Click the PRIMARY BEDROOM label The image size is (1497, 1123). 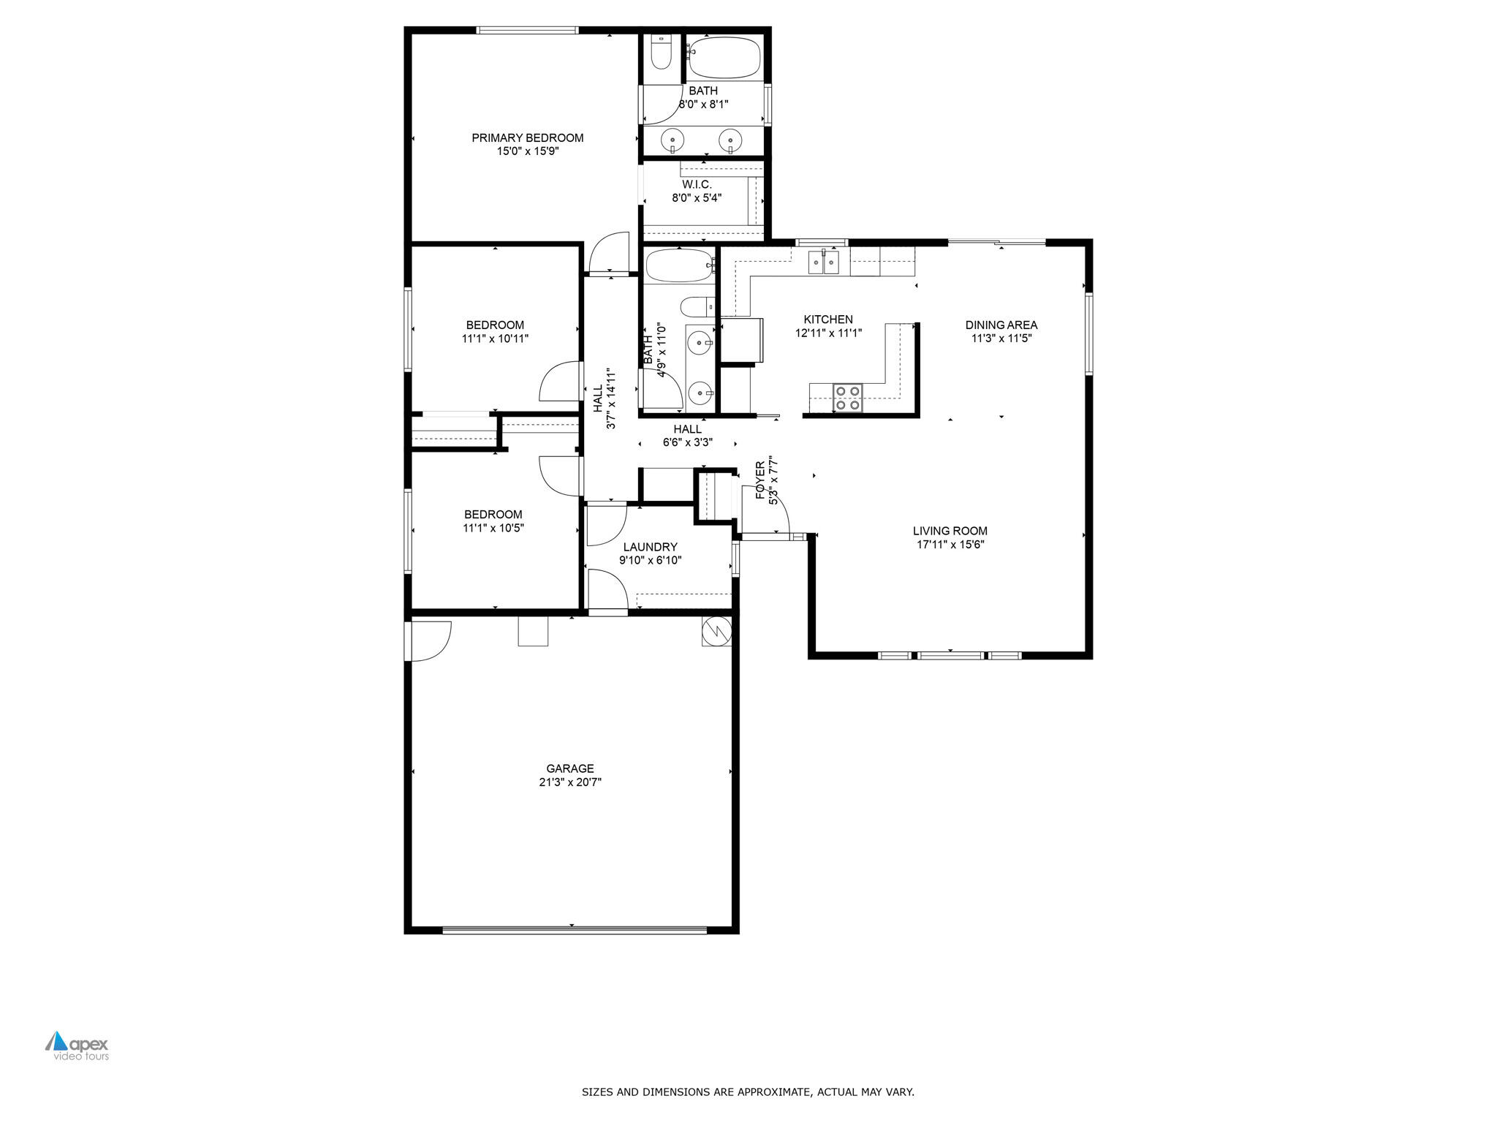(527, 137)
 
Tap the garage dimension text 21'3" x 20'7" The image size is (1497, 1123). (569, 782)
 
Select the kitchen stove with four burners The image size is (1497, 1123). (848, 397)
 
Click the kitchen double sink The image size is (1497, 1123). (824, 261)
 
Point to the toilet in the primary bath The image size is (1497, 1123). (661, 53)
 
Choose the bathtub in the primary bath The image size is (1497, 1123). (724, 57)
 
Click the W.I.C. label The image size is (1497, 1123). (697, 184)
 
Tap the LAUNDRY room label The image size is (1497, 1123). (650, 547)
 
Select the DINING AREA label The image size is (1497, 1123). (1001, 325)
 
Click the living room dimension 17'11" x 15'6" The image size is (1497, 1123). (950, 544)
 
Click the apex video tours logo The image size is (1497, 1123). (77, 1046)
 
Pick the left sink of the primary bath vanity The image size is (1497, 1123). (672, 139)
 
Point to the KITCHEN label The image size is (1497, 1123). (827, 319)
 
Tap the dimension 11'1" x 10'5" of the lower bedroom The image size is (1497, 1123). (493, 528)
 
